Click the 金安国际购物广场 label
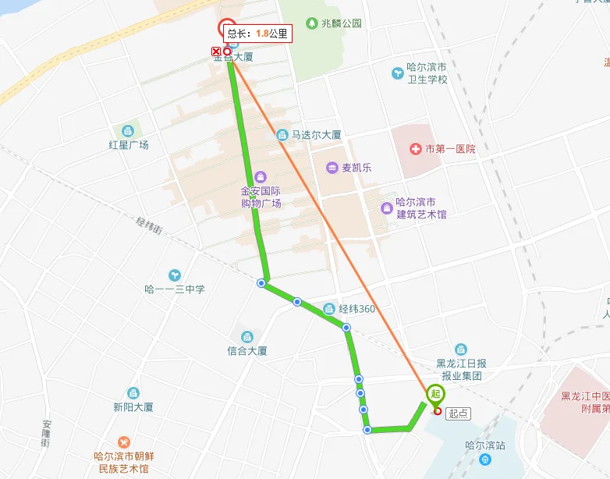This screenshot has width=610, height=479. [x=261, y=197]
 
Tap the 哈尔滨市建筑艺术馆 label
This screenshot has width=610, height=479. [x=421, y=208]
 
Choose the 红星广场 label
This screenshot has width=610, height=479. [x=129, y=144]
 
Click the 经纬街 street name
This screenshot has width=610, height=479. [x=149, y=225]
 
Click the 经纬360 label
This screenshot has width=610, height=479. [x=357, y=309]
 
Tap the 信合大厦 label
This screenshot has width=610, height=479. [x=247, y=351]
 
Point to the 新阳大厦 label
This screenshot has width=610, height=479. [x=133, y=406]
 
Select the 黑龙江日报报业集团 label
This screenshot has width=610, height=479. [x=461, y=369]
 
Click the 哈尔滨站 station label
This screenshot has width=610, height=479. [x=485, y=445]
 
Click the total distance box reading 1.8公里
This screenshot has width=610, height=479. [x=257, y=34]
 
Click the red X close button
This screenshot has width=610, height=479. [x=216, y=51]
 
